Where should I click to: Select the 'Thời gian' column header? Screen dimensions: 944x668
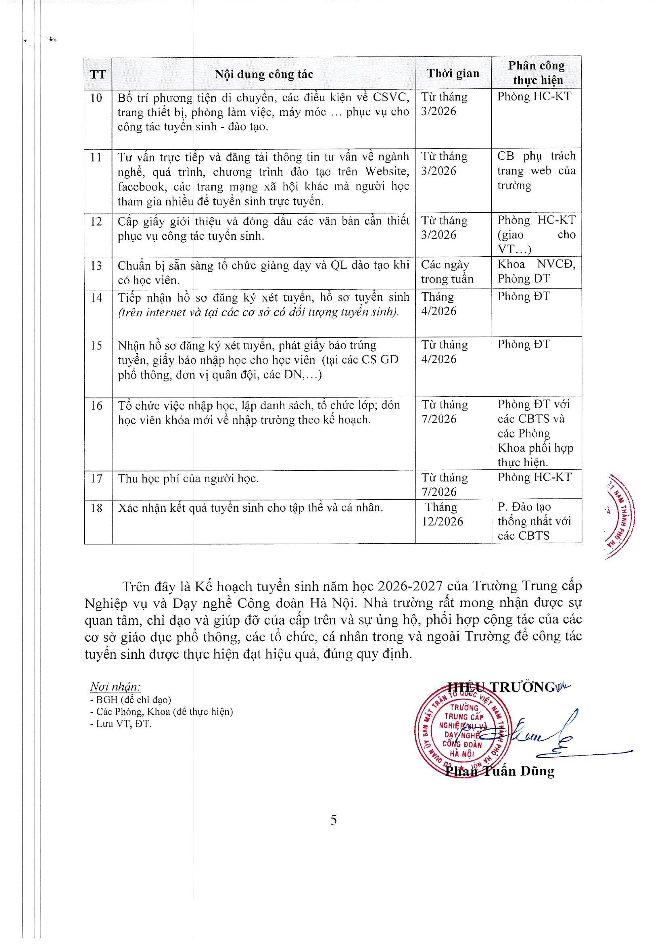[x=453, y=74]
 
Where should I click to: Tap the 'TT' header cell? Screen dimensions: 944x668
[x=98, y=75]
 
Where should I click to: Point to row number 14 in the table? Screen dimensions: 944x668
[x=96, y=297]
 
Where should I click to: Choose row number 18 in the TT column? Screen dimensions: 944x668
[x=96, y=508]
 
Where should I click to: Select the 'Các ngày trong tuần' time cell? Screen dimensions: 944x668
[x=447, y=272]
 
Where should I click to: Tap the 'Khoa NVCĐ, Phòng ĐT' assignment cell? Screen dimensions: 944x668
[x=536, y=272]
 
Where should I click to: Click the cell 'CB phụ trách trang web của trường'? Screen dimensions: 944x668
[x=536, y=171]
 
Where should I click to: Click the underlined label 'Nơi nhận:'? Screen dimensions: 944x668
[x=116, y=687]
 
